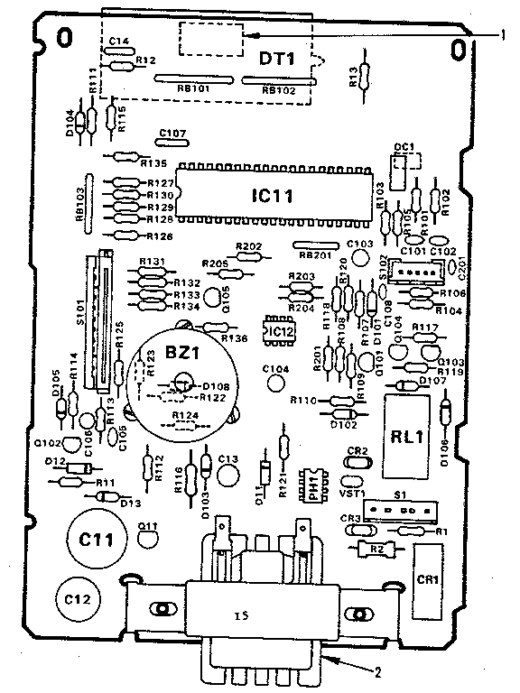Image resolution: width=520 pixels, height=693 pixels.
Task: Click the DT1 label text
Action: coord(279,60)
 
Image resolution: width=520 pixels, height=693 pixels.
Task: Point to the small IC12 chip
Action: coord(278,332)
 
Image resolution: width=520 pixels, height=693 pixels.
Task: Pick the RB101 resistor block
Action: coord(192,80)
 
